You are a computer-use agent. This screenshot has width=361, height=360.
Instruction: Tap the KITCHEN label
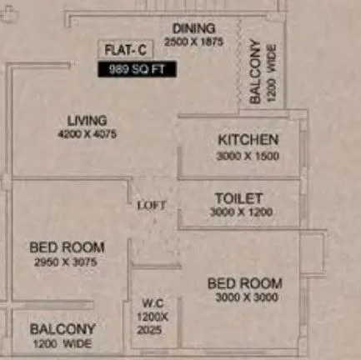248,140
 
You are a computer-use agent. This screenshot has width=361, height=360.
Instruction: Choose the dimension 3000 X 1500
248,155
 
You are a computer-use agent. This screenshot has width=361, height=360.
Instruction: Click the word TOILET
238,198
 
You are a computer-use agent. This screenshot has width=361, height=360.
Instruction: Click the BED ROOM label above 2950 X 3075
67,247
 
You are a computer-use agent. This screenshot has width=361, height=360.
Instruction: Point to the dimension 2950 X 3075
67,261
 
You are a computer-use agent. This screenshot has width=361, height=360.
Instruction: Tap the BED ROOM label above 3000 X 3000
244,283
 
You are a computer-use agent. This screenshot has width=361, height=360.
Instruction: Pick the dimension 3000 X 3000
244,298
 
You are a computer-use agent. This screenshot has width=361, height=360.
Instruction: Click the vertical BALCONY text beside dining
255,72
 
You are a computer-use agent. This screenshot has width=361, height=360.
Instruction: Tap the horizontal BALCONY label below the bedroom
63,329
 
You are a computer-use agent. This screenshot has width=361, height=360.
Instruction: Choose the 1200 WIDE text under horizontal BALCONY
63,343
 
